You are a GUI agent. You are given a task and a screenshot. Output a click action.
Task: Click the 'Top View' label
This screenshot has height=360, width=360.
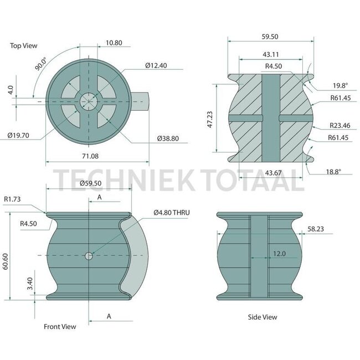click(23, 46)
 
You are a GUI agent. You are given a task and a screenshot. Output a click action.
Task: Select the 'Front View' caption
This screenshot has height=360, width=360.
click(60, 327)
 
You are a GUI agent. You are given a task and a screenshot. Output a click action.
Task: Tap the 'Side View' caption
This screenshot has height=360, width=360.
click(262, 317)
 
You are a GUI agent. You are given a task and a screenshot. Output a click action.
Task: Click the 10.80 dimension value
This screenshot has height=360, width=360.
click(114, 42)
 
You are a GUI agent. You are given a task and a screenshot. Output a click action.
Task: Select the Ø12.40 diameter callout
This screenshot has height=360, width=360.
click(156, 65)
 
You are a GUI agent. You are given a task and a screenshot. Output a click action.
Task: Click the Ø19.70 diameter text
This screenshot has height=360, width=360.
click(18, 135)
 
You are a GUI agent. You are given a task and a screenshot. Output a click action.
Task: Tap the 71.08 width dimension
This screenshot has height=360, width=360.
click(89, 156)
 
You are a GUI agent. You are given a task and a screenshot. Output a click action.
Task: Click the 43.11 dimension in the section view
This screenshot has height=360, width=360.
click(270, 54)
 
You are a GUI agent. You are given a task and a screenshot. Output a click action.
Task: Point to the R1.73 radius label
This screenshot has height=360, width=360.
click(13, 198)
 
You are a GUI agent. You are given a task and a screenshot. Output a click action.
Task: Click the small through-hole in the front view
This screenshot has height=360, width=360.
click(89, 255)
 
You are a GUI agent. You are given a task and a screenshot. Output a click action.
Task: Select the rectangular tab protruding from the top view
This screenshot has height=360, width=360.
click(140, 101)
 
